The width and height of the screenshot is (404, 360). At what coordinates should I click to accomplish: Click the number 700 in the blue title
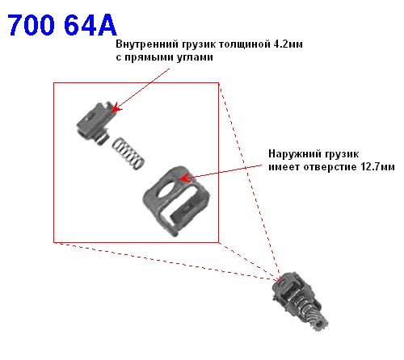coord(32,25)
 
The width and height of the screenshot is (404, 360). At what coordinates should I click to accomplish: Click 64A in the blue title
coord(90,25)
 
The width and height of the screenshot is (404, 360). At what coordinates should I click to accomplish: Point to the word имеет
coord(284,167)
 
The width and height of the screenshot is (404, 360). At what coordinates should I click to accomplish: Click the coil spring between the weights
coord(128,153)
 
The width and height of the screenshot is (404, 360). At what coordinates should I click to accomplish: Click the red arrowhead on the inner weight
coord(116,108)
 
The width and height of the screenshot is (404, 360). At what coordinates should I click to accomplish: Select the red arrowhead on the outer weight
coord(185,178)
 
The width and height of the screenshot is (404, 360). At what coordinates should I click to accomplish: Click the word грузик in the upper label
coord(198,44)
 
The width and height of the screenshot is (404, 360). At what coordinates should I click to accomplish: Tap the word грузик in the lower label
coord(342,154)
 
